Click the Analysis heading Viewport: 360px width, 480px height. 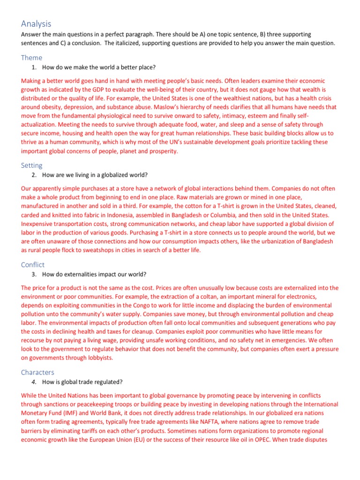click(x=36, y=23)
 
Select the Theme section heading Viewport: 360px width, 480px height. click(x=31, y=58)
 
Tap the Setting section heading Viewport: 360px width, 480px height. click(x=31, y=165)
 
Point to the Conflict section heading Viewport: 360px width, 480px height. click(x=33, y=264)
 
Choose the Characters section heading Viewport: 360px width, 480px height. click(x=37, y=372)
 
